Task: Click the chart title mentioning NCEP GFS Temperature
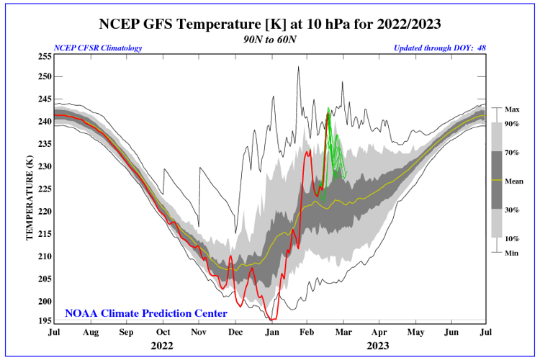[x=270, y=24]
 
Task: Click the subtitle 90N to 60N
[x=270, y=39]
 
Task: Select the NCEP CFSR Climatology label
[x=98, y=48]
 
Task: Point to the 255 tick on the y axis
[x=43, y=56]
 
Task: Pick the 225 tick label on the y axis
[x=43, y=189]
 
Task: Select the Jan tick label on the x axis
[x=272, y=333]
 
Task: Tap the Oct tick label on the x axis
[x=163, y=333]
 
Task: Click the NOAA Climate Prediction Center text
[x=146, y=313]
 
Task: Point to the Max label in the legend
[x=513, y=109]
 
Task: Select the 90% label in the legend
[x=513, y=124]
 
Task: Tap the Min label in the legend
[x=512, y=253]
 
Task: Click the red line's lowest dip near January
[x=271, y=319]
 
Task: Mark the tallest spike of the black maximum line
[x=297, y=67]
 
